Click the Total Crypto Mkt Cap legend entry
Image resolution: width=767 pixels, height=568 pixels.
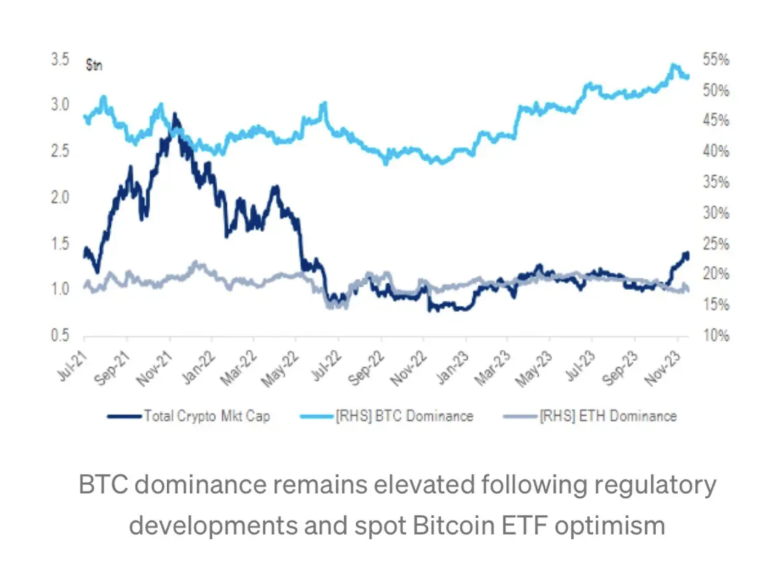(x=207, y=416)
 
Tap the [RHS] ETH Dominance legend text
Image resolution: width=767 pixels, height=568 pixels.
(x=608, y=416)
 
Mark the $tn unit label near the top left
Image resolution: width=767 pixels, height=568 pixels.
(x=94, y=65)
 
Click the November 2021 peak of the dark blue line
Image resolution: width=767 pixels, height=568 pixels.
(x=175, y=115)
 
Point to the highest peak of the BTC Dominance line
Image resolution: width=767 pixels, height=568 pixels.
(x=674, y=65)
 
